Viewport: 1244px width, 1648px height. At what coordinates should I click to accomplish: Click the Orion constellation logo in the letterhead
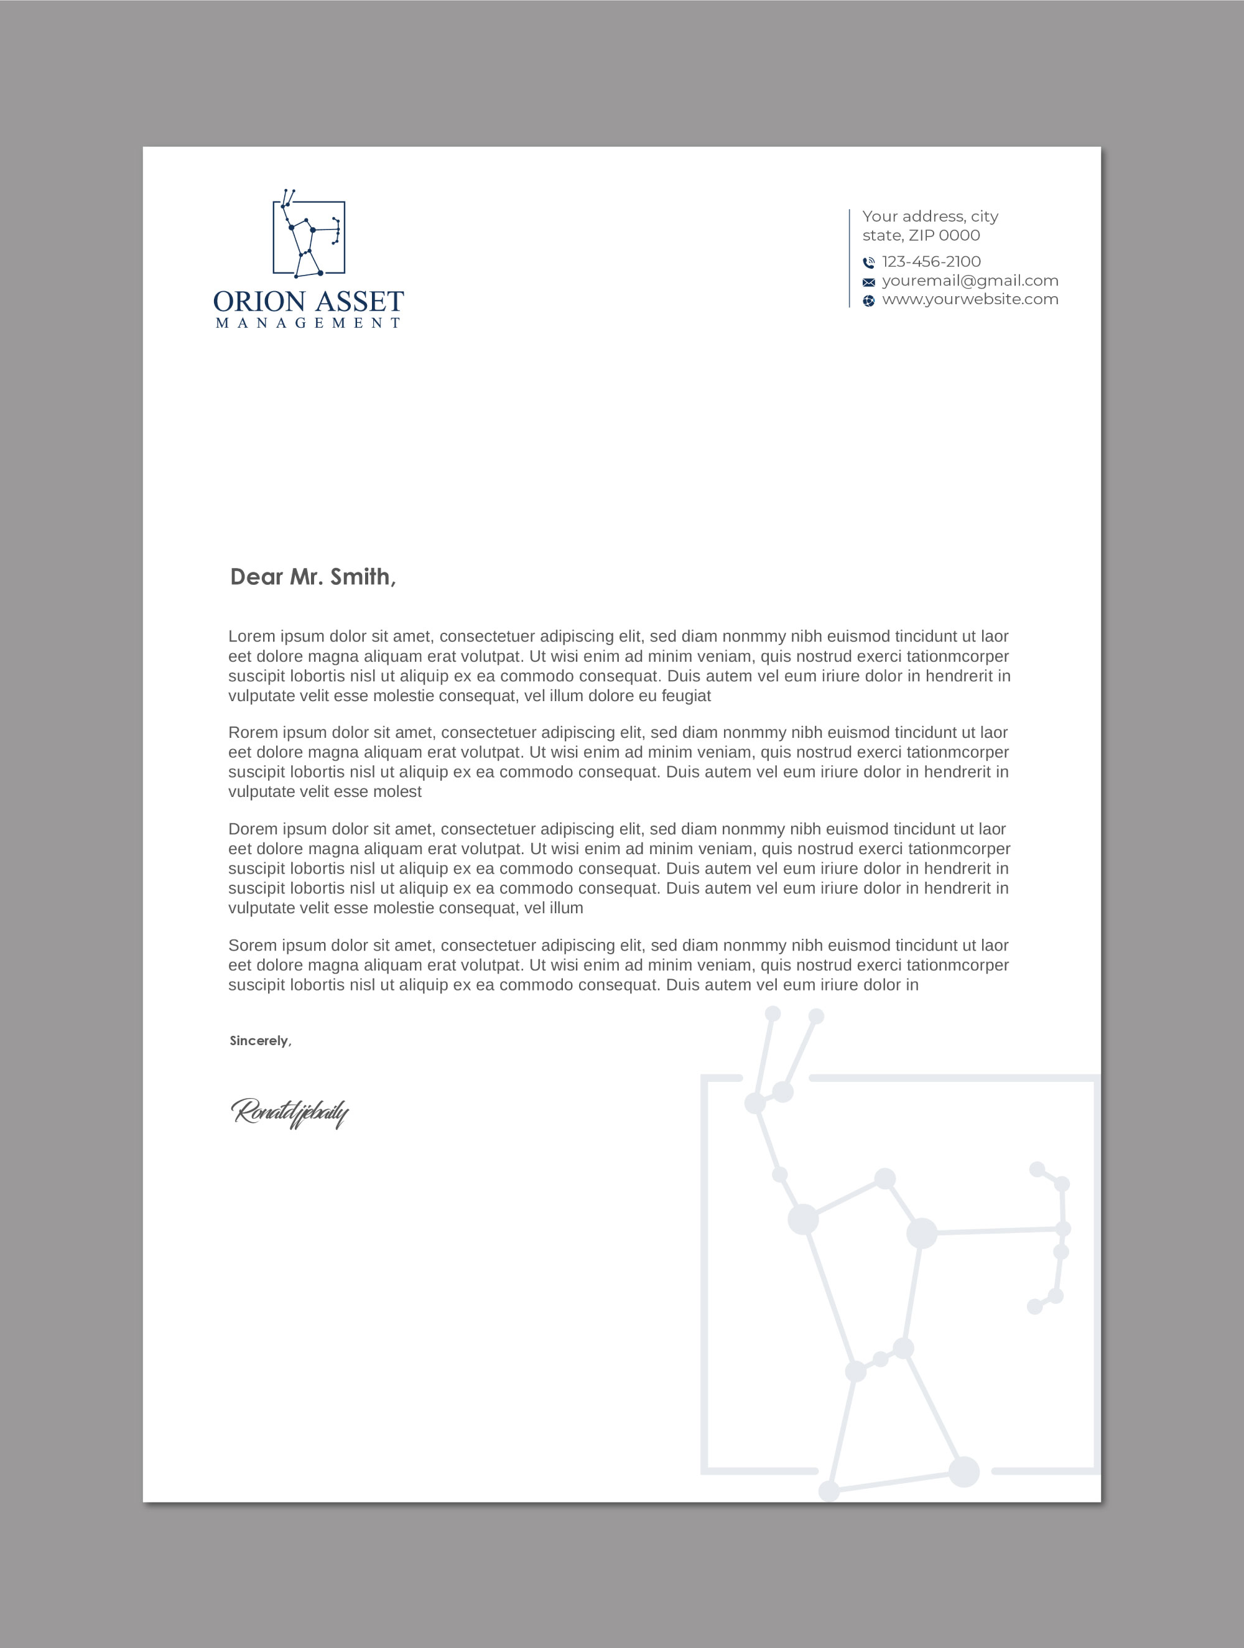click(x=309, y=235)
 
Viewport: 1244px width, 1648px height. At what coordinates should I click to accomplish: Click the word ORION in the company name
click(x=259, y=302)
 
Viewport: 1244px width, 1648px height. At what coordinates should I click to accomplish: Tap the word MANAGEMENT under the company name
click(x=309, y=324)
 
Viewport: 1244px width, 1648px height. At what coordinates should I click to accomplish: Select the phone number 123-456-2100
click(x=931, y=261)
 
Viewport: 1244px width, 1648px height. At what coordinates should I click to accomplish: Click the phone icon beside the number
click(x=868, y=263)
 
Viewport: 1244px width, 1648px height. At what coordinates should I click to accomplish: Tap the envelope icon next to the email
click(x=868, y=282)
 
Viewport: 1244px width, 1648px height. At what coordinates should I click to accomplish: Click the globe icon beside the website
click(x=868, y=301)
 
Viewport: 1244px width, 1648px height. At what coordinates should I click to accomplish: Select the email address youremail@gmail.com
click(x=970, y=281)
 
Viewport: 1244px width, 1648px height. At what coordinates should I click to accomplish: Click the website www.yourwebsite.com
click(x=970, y=299)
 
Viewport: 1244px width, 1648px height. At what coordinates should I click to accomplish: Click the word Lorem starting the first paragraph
click(x=252, y=636)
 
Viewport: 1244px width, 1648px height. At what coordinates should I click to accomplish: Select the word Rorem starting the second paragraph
click(x=253, y=732)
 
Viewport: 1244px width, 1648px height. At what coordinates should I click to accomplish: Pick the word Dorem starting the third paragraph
click(x=253, y=829)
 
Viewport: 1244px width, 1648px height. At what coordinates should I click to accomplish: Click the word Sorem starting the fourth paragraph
click(x=253, y=946)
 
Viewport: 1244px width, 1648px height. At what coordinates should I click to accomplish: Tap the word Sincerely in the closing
click(x=259, y=1041)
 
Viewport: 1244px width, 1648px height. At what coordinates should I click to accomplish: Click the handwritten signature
click(x=290, y=1113)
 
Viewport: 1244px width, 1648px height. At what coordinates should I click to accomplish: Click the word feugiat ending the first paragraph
click(x=686, y=696)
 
